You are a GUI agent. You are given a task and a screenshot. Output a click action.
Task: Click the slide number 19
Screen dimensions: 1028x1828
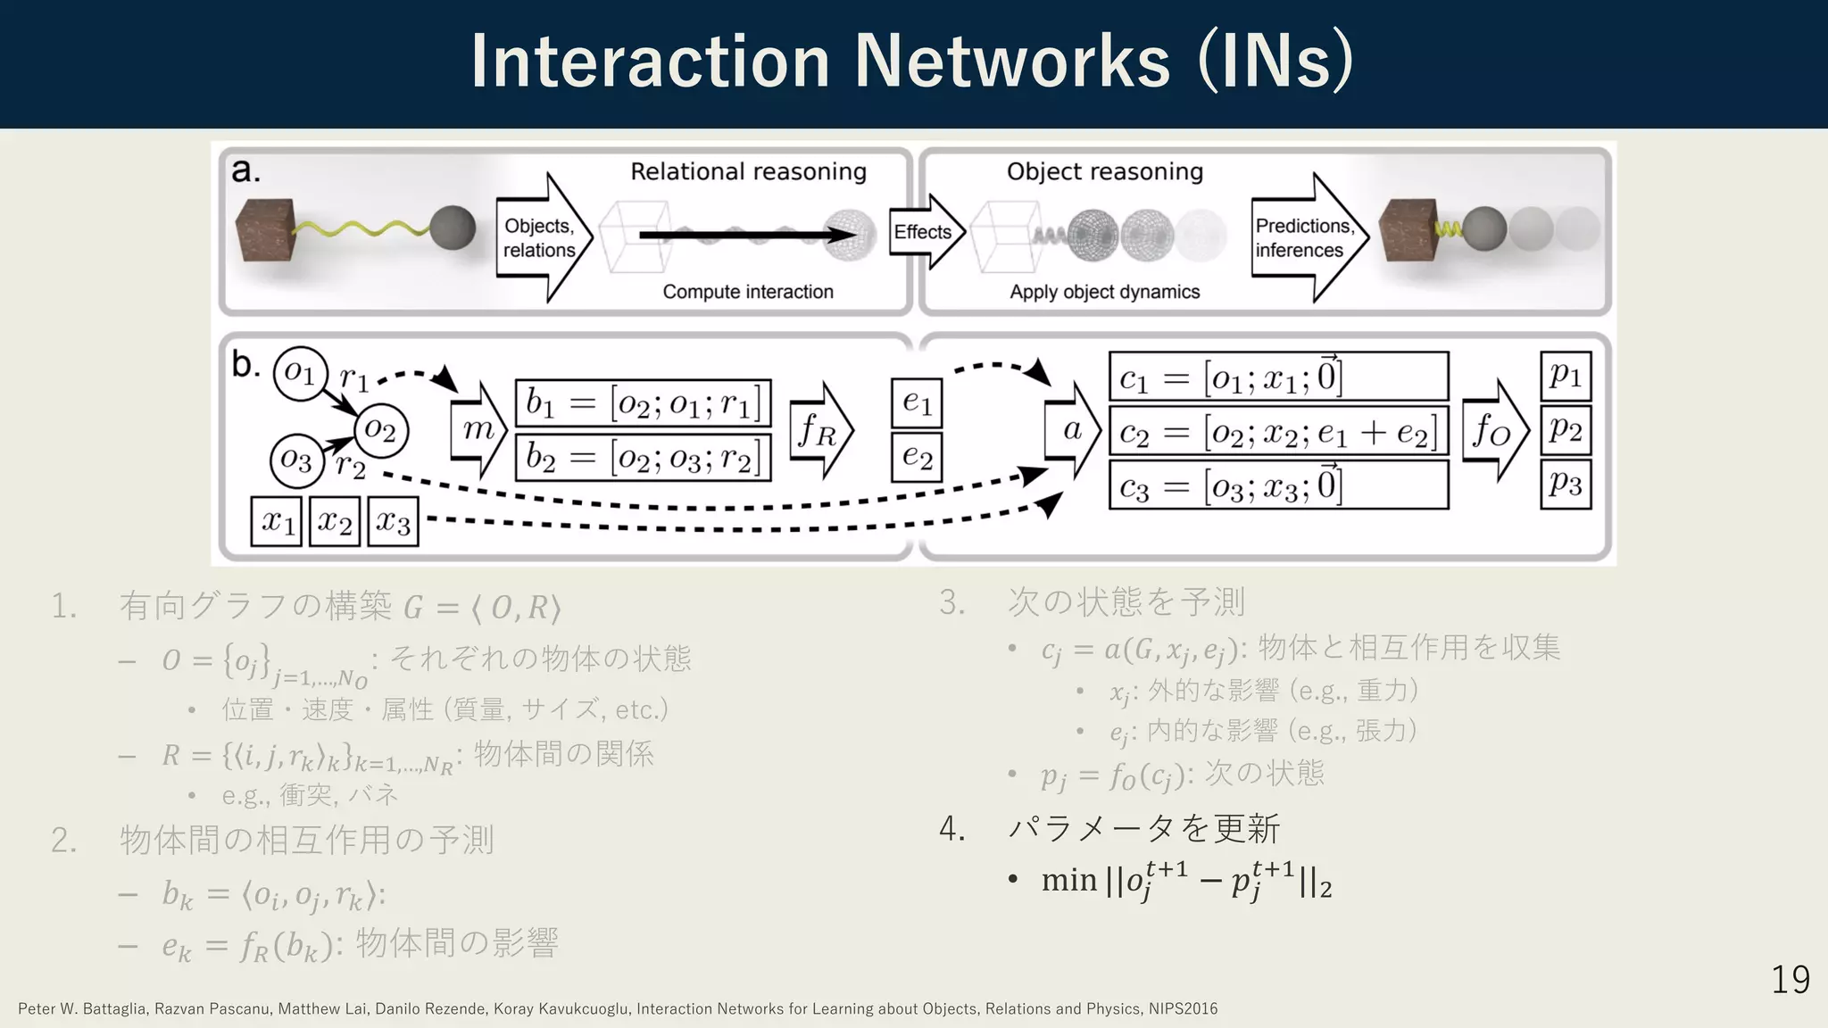[x=1790, y=980]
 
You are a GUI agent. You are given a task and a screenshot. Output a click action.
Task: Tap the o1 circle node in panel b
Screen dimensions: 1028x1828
[x=300, y=373]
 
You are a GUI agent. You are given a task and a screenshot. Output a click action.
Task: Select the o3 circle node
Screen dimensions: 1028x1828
[x=295, y=460]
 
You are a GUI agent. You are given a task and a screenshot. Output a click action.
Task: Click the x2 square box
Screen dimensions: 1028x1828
[x=335, y=521]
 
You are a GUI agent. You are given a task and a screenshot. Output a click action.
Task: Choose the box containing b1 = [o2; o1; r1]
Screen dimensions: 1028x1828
[x=643, y=403]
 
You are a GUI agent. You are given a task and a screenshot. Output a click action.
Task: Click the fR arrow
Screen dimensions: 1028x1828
[x=820, y=432]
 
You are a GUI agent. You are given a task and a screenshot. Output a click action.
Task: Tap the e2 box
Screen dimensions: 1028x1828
[x=917, y=458]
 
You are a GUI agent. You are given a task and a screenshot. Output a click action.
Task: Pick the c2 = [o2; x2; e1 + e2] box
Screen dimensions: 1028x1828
[x=1278, y=433]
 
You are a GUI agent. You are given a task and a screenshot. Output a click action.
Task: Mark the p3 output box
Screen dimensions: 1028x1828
[x=1566, y=485]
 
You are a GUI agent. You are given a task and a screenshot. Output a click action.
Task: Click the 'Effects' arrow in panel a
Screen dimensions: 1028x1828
[x=926, y=232]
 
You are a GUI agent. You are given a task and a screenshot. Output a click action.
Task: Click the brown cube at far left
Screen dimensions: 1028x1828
[x=265, y=230]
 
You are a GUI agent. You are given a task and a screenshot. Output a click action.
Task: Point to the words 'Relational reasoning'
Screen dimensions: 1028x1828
[x=748, y=171]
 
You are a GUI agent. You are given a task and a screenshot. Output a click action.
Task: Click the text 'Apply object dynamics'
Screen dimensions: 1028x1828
[x=1104, y=292]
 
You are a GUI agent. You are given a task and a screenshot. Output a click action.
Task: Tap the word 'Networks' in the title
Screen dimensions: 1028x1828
[x=1012, y=62]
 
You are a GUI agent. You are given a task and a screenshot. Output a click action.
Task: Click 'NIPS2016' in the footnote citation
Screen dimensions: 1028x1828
[x=1183, y=1009]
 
